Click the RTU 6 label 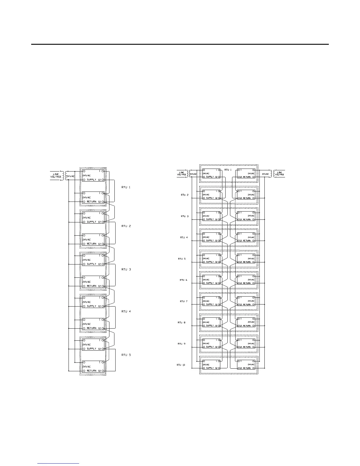183,280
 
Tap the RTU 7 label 184,301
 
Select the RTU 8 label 181,322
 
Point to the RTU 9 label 181,344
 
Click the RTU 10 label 181,365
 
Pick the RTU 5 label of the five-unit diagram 126,355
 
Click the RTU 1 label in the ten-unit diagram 228,170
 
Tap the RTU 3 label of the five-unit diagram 126,269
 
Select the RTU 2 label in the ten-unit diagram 185,195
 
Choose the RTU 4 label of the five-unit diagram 126,311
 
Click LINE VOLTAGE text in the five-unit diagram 56,176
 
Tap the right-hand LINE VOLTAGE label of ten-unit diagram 279,174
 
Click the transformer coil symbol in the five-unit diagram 63,176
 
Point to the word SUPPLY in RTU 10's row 210,368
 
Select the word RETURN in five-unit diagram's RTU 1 91,202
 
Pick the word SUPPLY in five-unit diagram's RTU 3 91,264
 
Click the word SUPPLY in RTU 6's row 210,283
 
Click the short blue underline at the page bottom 59,463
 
